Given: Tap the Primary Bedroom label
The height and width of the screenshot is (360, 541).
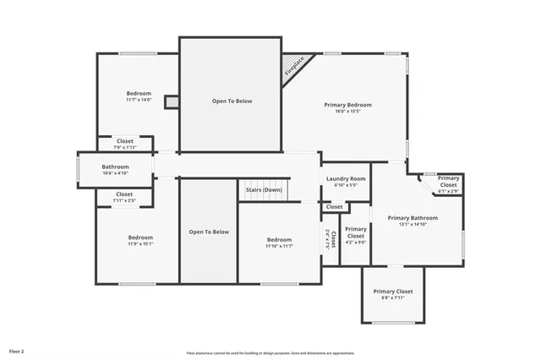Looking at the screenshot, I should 347,105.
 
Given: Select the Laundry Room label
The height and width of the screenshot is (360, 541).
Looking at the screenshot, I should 345,178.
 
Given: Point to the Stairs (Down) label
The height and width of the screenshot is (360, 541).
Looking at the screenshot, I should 264,189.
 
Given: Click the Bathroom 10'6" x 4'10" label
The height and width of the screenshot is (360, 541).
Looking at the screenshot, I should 115,167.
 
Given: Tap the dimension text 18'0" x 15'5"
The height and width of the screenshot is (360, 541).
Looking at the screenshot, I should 347,112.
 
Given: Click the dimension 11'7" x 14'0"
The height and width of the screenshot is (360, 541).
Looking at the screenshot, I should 139,100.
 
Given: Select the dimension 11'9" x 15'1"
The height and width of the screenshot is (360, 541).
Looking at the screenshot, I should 140,244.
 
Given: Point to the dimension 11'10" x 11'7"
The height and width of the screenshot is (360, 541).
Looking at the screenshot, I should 278,246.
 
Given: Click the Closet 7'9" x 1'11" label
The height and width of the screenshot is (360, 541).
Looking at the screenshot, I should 125,141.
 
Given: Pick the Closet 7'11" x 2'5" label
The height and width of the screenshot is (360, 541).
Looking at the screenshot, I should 124,194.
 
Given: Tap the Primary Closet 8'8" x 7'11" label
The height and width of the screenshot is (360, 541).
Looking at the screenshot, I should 393,292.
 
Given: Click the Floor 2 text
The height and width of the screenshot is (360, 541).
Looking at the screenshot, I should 17,350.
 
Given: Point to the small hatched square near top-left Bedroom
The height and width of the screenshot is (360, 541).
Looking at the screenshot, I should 172,101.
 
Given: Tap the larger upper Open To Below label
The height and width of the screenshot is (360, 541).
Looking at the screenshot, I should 232,101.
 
